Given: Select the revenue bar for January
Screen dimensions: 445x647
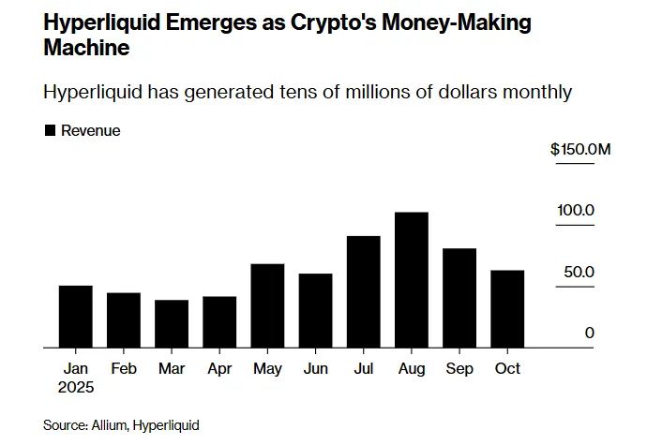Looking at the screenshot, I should pyautogui.click(x=75, y=317).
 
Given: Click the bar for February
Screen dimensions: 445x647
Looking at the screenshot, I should pyautogui.click(x=124, y=320).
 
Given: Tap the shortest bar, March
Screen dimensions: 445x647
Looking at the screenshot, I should pyautogui.click(x=172, y=324).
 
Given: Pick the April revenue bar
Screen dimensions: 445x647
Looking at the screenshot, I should pyautogui.click(x=219, y=322).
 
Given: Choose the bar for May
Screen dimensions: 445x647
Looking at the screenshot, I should pyautogui.click(x=268, y=306).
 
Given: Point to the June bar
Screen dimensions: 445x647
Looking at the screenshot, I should pyautogui.click(x=315, y=311).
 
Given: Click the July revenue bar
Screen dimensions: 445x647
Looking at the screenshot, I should pyautogui.click(x=364, y=292).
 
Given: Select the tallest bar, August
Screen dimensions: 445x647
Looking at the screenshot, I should pyautogui.click(x=412, y=280).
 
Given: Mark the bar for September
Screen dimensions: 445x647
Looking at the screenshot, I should pyautogui.click(x=459, y=298).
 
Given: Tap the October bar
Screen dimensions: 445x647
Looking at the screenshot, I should pyautogui.click(x=507, y=309).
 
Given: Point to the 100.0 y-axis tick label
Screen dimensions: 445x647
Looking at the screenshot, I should pyautogui.click(x=577, y=211).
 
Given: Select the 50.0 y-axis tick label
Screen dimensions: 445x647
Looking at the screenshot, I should pyautogui.click(x=577, y=272).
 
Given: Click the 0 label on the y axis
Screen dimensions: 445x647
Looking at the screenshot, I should pyautogui.click(x=590, y=333).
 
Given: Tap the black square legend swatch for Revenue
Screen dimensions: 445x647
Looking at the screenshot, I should pyautogui.click(x=50, y=131).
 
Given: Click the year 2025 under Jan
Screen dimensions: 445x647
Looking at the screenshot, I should pyautogui.click(x=75, y=387).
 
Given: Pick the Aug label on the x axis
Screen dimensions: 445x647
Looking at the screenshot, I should pyautogui.click(x=412, y=369).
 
